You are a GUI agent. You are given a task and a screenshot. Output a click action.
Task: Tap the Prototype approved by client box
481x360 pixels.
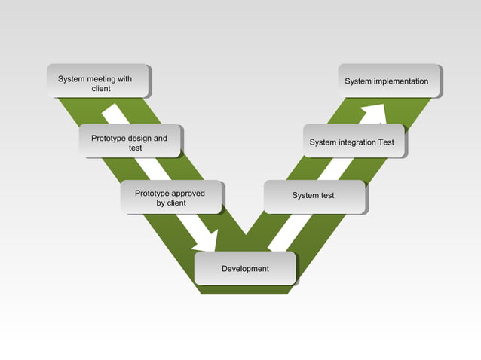(171, 197)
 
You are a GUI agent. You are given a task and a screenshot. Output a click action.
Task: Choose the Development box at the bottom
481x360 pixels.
(245, 268)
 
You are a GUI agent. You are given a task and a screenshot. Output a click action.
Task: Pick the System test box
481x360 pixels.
(314, 196)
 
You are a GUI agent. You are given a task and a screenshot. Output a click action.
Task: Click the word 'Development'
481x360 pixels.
(245, 269)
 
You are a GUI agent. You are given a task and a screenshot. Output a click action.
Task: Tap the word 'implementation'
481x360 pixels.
(401, 81)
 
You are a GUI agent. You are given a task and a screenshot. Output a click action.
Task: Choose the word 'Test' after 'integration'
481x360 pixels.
(386, 142)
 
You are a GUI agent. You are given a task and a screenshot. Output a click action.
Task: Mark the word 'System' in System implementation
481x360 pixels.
(358, 81)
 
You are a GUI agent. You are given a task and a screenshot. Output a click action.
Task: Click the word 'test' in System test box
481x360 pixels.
(327, 196)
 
